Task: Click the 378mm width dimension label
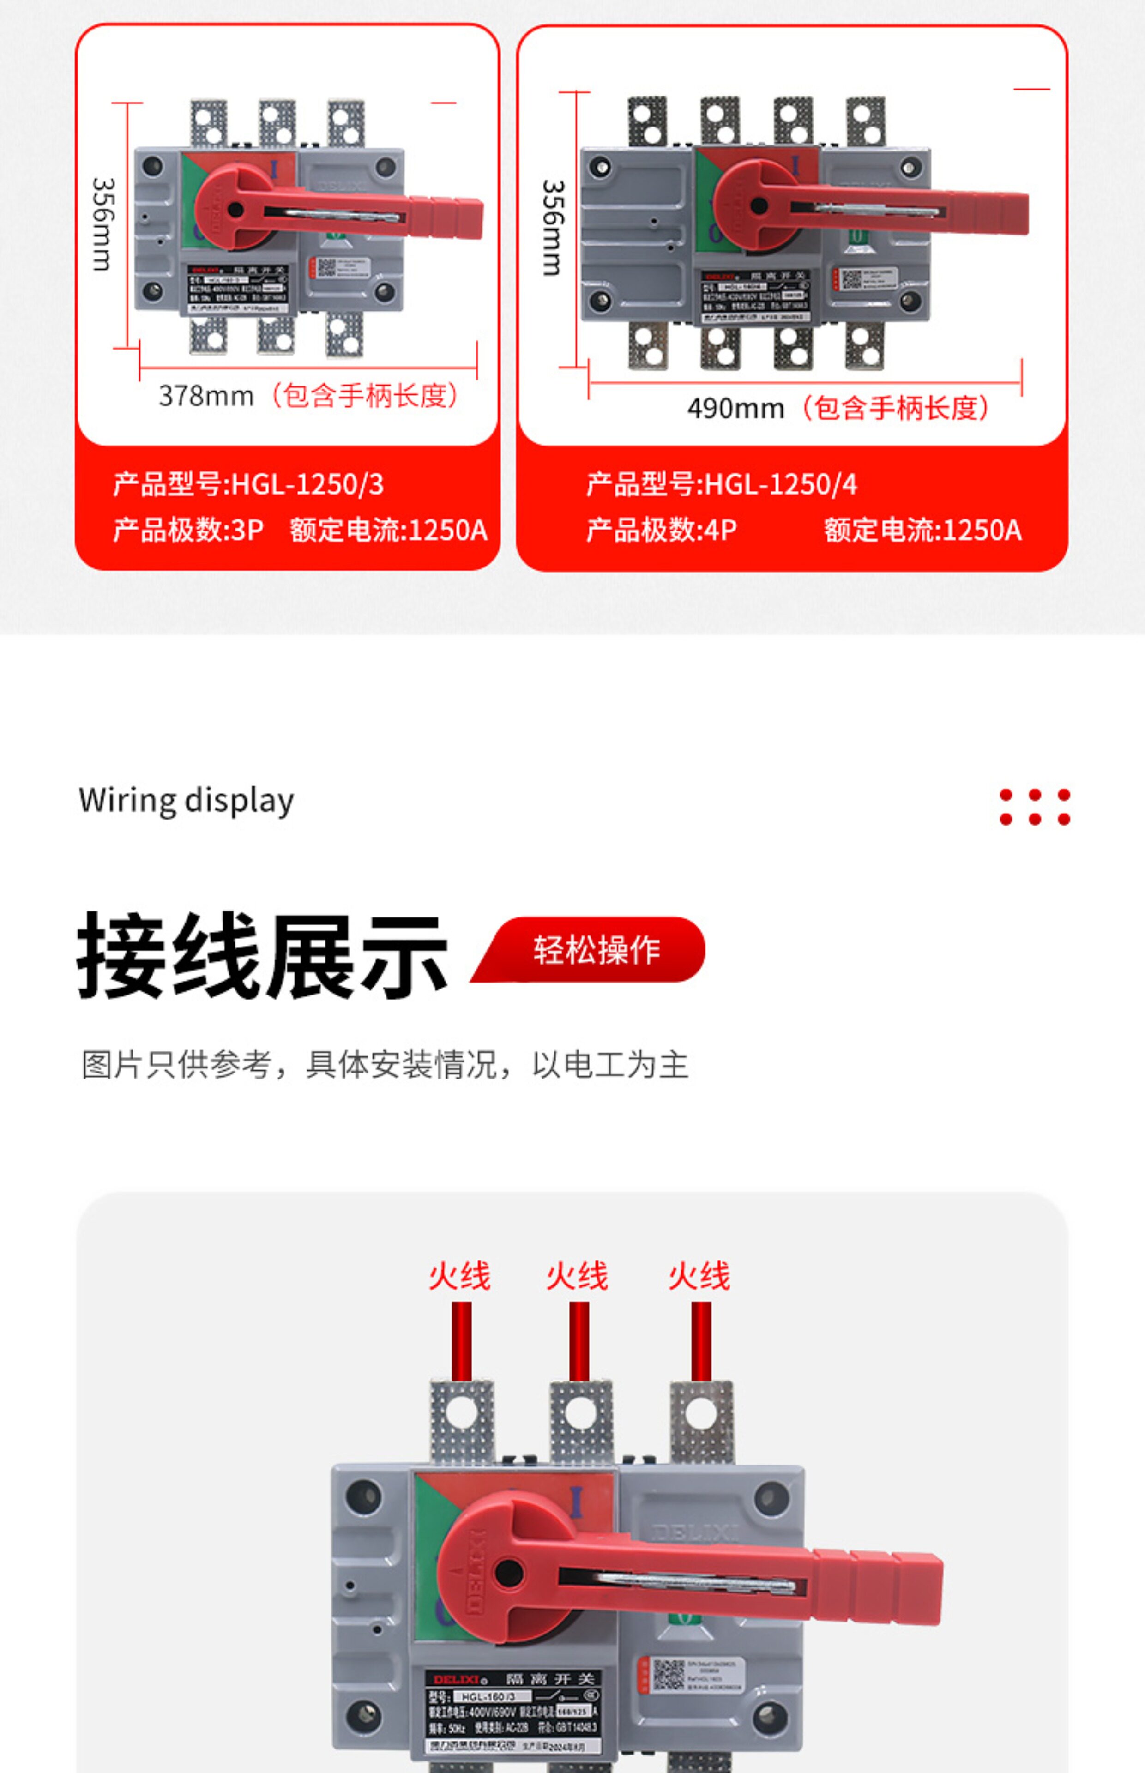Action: point(206,396)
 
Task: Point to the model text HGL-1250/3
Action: point(308,485)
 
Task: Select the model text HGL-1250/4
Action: point(781,485)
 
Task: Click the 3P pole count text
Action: point(247,530)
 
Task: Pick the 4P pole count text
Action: point(720,530)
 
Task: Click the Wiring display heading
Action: point(186,801)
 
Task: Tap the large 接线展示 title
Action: point(262,955)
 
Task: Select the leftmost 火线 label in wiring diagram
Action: point(459,1276)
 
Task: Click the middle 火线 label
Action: point(577,1276)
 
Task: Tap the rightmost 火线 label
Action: point(699,1276)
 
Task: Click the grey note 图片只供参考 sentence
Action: point(385,1065)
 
